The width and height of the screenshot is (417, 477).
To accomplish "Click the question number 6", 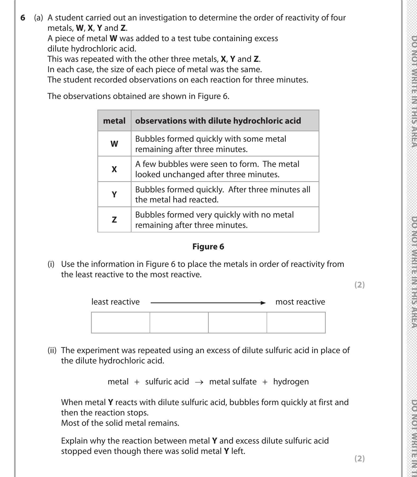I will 23,18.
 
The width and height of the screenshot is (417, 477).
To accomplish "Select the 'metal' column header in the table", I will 114,121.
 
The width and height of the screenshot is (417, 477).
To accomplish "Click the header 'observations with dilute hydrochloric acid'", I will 218,121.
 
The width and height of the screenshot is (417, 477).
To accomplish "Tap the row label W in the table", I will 114,144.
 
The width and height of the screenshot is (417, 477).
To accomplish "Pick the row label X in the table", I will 114,169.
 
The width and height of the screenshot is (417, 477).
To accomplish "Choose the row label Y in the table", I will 114,194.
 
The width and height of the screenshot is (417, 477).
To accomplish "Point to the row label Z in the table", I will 114,220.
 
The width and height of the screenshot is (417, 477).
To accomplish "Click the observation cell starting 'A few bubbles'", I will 224,169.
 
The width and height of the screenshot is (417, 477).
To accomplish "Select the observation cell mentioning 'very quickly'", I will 224,220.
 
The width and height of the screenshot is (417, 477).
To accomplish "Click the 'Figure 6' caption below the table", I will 208,246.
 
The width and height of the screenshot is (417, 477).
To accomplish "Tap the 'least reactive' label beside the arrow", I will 115,302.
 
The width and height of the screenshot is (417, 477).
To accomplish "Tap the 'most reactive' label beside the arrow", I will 300,302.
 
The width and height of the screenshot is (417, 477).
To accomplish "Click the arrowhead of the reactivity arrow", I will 263,303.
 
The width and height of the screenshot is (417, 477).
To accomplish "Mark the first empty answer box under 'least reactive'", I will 120,322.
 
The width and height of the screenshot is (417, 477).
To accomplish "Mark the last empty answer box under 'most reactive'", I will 296,322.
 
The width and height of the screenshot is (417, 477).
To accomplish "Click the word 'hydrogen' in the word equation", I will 291,381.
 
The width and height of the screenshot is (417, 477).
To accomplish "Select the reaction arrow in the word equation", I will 199,382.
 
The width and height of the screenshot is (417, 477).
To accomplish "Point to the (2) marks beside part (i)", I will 359,285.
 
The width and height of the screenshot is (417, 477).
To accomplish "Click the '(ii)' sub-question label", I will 52,350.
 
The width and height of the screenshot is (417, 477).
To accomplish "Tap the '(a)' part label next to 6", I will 38,18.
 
